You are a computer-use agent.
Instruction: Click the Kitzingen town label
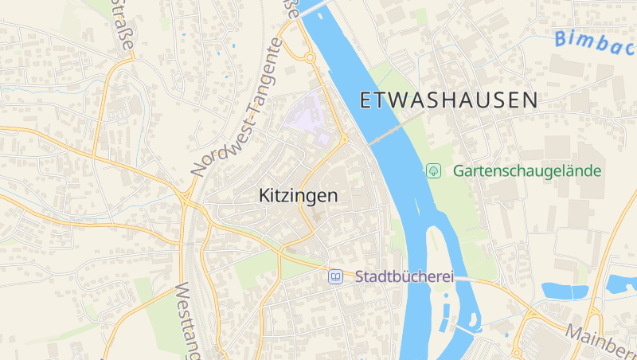tap(299, 195)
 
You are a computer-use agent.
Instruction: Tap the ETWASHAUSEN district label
tap(449, 100)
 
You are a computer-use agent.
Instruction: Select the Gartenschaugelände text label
tap(526, 170)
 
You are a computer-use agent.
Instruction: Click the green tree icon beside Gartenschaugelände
tap(433, 170)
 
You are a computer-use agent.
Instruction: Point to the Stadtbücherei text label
tap(404, 277)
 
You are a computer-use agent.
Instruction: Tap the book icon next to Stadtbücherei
tap(336, 277)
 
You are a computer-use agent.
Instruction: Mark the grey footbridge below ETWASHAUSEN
tap(396, 128)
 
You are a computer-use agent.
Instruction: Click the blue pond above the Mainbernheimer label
tap(563, 291)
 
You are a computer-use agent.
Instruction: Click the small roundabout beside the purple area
tap(344, 139)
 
